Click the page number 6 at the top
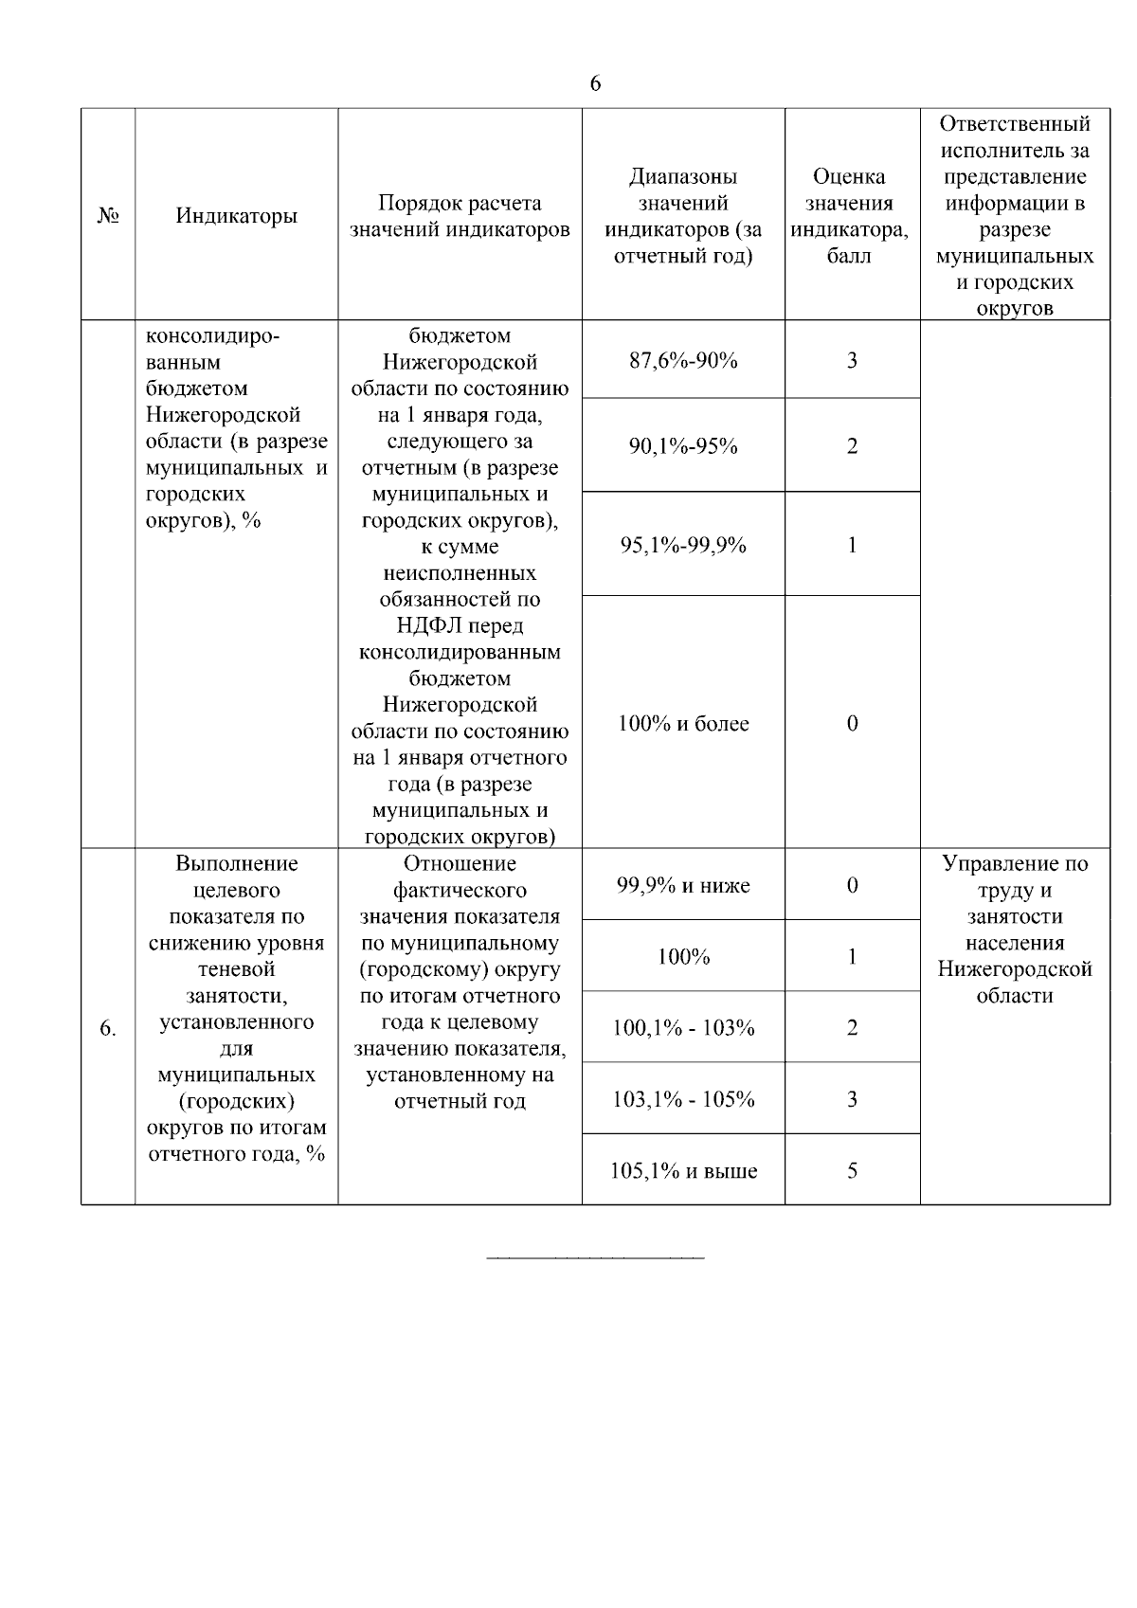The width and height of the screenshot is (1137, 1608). tap(595, 83)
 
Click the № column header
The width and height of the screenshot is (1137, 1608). tap(108, 216)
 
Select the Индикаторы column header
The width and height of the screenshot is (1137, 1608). tap(236, 216)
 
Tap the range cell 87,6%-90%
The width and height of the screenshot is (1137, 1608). tap(683, 360)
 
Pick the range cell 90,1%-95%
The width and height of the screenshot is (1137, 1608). tap(683, 445)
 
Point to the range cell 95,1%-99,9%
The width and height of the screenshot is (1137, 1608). tap(683, 545)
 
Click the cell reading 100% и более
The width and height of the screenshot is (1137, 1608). tap(683, 724)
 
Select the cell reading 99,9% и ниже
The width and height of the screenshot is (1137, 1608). tap(683, 886)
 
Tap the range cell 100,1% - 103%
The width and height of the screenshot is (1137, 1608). tap(683, 1028)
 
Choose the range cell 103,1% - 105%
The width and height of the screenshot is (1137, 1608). tap(683, 1099)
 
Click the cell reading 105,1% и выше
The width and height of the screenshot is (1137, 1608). tap(683, 1171)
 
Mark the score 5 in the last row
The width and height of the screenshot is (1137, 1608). tap(852, 1171)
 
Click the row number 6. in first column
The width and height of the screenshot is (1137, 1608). tap(108, 1028)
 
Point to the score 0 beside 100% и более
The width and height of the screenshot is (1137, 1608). tap(852, 724)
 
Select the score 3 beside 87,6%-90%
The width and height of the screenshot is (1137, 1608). tap(852, 360)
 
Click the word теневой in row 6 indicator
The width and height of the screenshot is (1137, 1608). tap(236, 969)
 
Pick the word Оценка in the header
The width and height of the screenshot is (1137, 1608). tap(849, 176)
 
